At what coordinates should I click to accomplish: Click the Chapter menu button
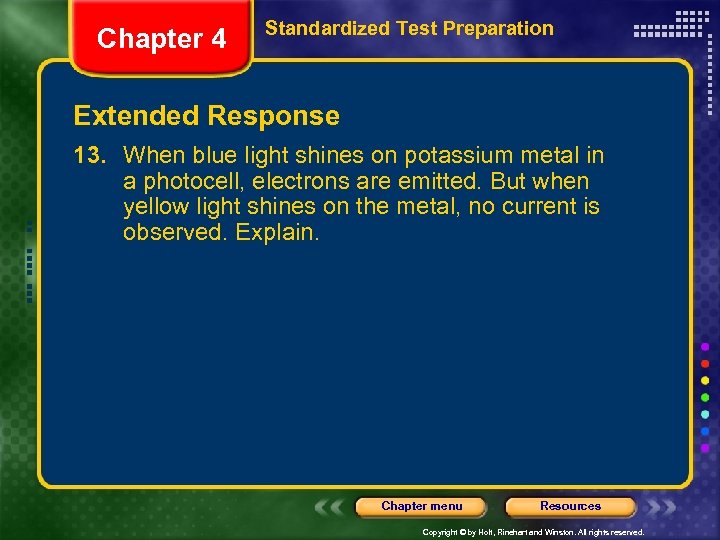pos(421,506)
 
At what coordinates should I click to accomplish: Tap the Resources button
pos(570,506)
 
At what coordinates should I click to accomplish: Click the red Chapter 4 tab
pos(161,39)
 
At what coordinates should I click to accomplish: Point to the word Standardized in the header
pos(314,28)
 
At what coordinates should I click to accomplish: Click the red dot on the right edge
pos(706,363)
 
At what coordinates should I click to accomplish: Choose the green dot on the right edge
pos(706,397)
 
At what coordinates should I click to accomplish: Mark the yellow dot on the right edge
pos(706,380)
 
